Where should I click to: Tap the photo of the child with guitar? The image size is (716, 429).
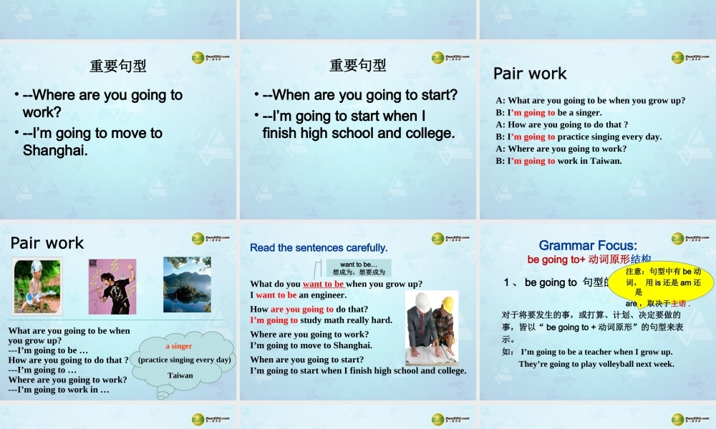(x=37, y=286)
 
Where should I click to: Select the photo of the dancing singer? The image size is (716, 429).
(x=112, y=286)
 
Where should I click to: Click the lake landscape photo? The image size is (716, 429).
(x=187, y=285)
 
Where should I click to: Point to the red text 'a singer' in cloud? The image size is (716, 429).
(x=178, y=346)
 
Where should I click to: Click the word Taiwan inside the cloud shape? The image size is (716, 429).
(x=180, y=375)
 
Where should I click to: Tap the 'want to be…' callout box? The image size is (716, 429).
(x=358, y=268)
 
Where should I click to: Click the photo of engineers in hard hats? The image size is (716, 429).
(x=431, y=327)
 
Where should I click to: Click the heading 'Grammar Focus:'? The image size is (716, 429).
(x=588, y=245)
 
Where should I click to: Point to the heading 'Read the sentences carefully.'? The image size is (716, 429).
(x=319, y=248)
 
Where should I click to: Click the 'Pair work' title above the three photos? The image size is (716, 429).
(x=47, y=243)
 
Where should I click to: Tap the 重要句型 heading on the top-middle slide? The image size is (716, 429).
(x=357, y=66)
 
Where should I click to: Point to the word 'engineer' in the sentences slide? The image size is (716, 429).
(x=326, y=295)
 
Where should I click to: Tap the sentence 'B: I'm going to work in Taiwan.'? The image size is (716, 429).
(x=558, y=161)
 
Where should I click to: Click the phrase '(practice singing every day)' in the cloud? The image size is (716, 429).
(x=185, y=360)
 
